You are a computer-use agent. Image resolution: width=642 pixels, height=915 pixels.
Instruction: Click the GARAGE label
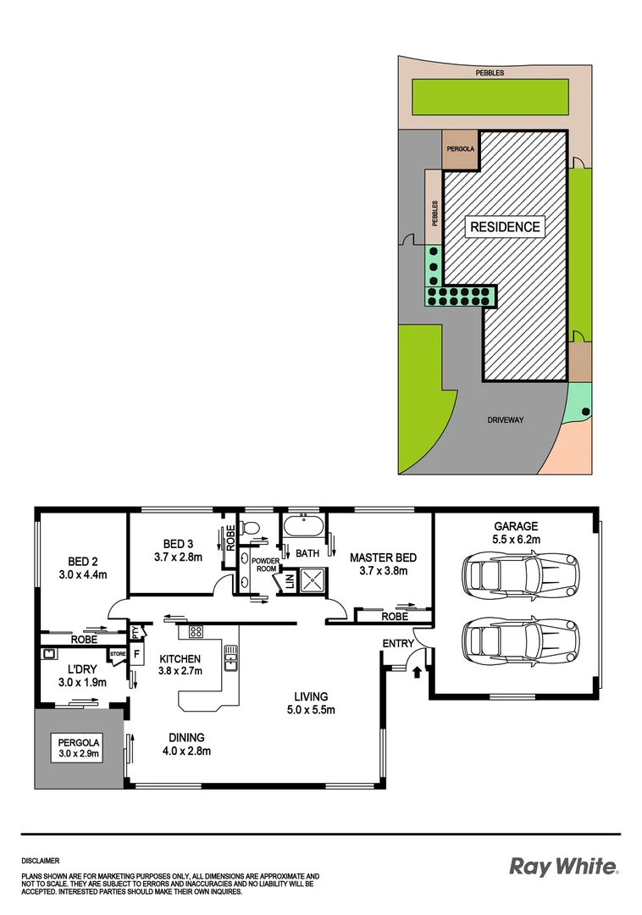point(517,524)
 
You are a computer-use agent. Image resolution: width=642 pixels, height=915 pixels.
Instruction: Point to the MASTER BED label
point(383,557)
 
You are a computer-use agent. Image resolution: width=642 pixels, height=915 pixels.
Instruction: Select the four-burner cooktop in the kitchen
point(195,630)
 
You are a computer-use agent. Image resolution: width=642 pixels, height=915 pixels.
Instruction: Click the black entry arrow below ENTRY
point(416,673)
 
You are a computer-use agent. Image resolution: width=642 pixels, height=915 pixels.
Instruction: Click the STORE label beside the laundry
point(117,654)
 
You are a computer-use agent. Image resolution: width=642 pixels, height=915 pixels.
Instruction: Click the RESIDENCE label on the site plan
point(505,227)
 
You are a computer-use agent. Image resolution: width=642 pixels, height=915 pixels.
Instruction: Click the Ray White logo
point(563,866)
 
